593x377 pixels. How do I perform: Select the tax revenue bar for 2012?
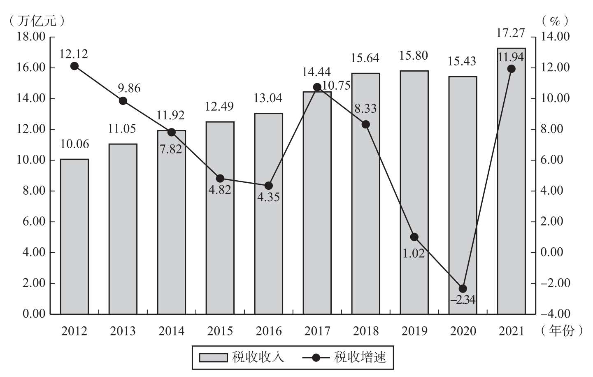[x=74, y=237]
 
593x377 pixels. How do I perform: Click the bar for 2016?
[x=268, y=214]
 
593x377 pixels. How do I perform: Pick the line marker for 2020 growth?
[x=463, y=289]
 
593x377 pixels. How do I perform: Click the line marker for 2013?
[x=123, y=101]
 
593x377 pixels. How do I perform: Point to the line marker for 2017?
[x=317, y=87]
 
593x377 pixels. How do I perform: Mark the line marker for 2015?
[x=220, y=179]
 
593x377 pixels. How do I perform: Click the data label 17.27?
[x=510, y=33]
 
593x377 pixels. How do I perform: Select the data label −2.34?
[x=463, y=300]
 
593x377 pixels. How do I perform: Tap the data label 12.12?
[x=74, y=54]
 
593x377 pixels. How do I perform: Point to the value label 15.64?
[x=365, y=58]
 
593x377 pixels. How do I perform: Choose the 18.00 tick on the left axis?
[x=31, y=37]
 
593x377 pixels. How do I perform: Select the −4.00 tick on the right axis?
[x=555, y=314]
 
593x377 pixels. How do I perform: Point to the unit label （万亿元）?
[x=37, y=21]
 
